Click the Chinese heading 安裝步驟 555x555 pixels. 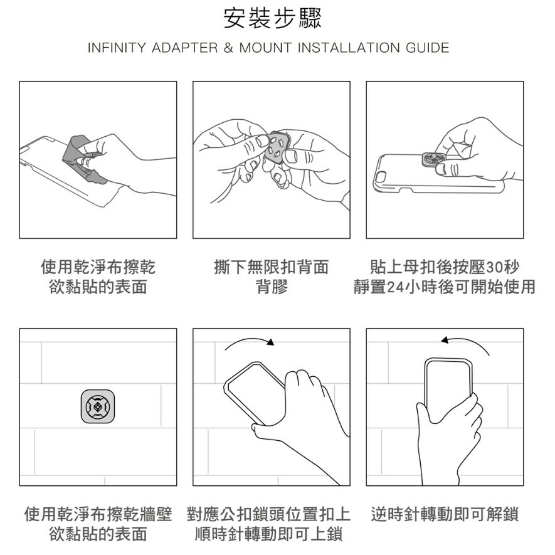(272, 18)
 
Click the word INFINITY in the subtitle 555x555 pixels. (117, 48)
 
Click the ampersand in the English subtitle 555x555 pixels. (228, 48)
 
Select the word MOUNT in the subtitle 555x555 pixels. (265, 48)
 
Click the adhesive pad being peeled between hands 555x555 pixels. (277, 147)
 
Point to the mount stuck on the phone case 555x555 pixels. (435, 160)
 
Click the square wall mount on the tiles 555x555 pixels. (98, 407)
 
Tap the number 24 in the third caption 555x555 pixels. (395, 287)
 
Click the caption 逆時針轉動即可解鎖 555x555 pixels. (445, 514)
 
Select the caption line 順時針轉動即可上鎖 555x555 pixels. (268, 534)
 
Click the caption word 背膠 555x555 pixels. (272, 287)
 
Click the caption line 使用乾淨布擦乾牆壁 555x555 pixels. (98, 514)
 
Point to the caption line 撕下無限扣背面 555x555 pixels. (272, 267)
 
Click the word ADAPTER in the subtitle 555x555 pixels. (185, 48)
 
